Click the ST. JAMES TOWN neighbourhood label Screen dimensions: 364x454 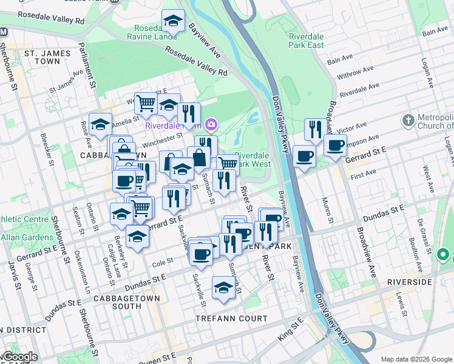click(42, 57)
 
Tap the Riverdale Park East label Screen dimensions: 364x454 click(307, 41)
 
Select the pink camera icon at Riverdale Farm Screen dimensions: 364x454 click(211, 126)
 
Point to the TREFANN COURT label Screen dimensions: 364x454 click(231, 318)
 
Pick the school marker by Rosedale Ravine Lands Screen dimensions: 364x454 click(174, 21)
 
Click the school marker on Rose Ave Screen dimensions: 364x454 click(100, 124)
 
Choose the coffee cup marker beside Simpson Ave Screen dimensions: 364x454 click(334, 145)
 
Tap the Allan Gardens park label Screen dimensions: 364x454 click(20, 237)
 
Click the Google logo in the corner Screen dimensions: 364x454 click(19, 357)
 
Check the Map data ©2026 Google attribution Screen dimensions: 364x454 click(416, 359)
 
